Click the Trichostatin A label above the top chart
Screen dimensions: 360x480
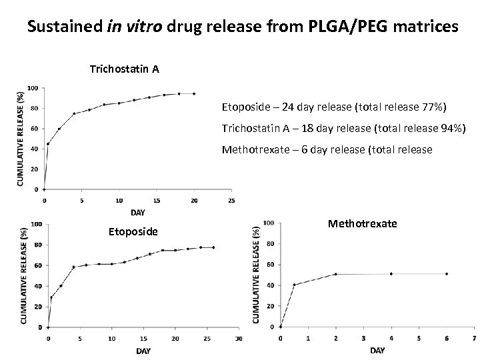pos(124,69)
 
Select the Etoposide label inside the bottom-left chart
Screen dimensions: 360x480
pos(133,231)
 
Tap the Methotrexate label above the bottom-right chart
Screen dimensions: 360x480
pos(362,223)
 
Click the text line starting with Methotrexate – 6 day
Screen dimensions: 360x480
pos(327,150)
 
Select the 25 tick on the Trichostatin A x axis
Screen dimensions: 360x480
pos(231,200)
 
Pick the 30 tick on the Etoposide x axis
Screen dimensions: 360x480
pos(238,338)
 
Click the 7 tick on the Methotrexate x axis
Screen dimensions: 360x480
pos(473,338)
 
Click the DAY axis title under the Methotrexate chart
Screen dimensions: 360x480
pos(377,350)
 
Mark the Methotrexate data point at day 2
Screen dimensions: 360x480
pos(335,274)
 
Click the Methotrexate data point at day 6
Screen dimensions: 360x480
pos(446,274)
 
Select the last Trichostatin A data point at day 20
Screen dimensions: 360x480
pos(194,94)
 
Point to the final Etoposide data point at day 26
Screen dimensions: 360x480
pos(213,247)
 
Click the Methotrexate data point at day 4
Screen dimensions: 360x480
pos(391,274)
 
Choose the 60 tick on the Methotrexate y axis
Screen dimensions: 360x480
pos(269,265)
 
